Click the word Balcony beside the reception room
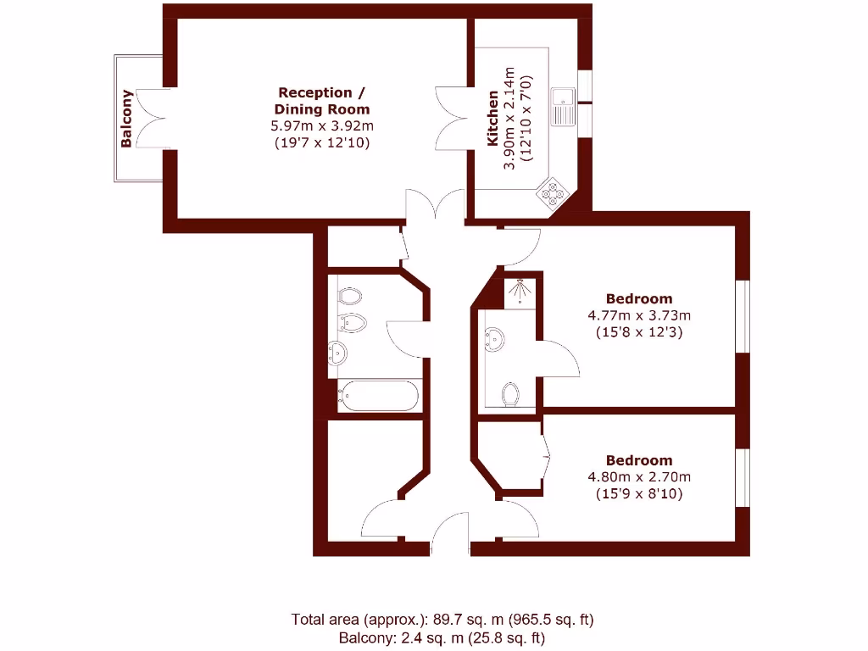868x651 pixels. point(126,119)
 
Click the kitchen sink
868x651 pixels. point(562,108)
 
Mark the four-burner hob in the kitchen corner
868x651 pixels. point(553,193)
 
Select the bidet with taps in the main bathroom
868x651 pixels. point(350,322)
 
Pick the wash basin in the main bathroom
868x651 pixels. point(338,353)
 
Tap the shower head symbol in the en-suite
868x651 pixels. point(519,292)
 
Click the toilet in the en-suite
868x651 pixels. point(510,393)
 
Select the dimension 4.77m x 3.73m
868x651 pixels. point(638,315)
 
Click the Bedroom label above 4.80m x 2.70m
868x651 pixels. point(638,460)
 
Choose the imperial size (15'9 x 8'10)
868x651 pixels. point(638,493)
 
